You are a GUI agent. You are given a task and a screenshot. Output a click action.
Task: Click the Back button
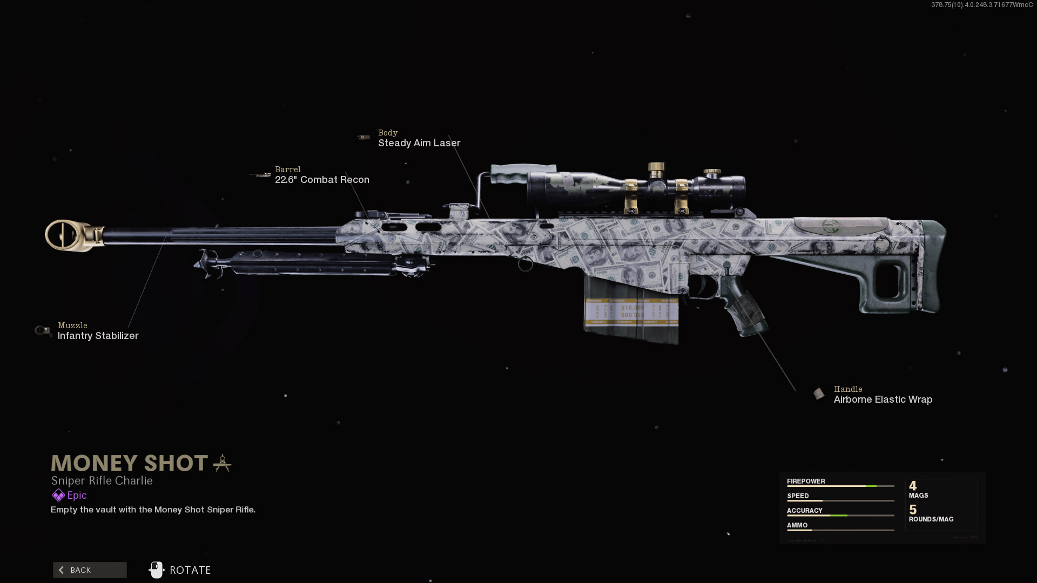pos(90,570)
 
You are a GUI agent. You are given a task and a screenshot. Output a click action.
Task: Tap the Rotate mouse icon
pos(157,570)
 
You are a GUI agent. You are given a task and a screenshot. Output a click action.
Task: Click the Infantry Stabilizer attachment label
pos(98,336)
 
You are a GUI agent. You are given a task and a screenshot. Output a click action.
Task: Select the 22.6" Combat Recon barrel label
pos(322,180)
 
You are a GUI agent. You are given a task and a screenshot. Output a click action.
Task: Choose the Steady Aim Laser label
pos(419,143)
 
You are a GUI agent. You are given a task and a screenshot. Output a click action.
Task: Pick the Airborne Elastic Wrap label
pos(883,399)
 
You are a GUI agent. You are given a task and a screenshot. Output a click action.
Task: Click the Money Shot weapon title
pos(130,463)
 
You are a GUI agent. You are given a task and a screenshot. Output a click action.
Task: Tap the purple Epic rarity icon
pos(58,496)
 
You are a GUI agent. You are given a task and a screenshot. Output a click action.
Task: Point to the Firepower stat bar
pos(840,486)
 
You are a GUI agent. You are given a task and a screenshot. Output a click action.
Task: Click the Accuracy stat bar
pos(840,516)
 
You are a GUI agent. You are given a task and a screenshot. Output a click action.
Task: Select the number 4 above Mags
pos(913,486)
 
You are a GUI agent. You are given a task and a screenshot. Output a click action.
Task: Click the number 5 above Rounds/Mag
pos(913,510)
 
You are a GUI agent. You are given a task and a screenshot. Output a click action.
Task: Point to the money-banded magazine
pos(632,313)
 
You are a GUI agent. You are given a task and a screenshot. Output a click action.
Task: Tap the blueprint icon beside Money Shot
pos(222,463)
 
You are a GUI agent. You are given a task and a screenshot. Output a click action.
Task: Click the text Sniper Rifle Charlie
pos(102,480)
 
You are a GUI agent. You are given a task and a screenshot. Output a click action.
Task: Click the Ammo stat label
pos(797,525)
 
